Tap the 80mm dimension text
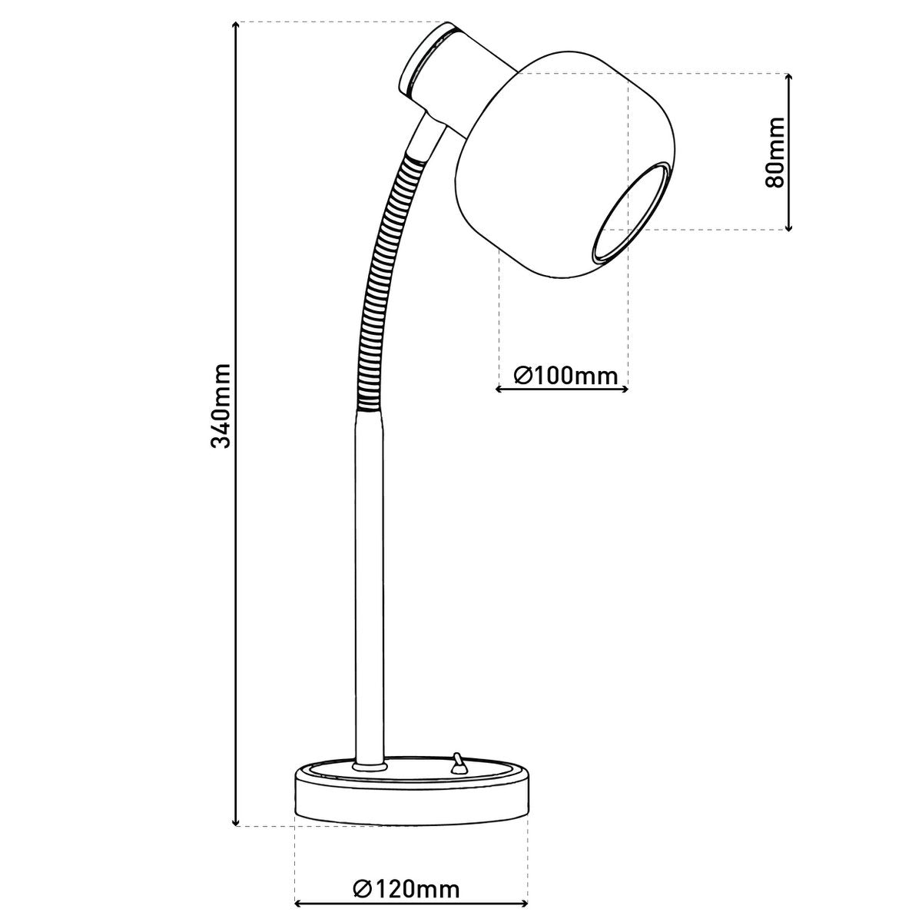774,152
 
